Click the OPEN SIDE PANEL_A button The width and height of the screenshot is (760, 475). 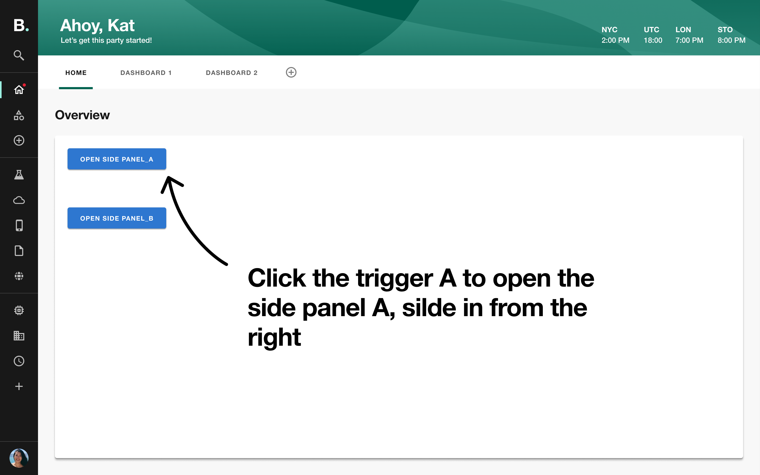pos(117,159)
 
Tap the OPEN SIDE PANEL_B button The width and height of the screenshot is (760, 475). pos(117,218)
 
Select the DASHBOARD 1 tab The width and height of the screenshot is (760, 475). pos(146,73)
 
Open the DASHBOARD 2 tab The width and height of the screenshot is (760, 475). pos(231,73)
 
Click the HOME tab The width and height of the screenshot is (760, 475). pos(76,73)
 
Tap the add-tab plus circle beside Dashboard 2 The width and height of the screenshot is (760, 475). pos(291,72)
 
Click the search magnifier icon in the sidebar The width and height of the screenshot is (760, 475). pos(19,55)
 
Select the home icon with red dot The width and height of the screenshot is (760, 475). pos(19,90)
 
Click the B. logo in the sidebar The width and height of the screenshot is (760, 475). pos(21,25)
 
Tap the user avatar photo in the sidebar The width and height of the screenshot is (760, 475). pos(19,458)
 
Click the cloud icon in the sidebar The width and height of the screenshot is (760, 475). pos(19,200)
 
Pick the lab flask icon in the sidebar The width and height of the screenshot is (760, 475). pos(19,175)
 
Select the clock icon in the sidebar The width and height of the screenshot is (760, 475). pos(19,361)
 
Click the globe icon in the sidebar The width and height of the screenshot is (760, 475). pos(19,276)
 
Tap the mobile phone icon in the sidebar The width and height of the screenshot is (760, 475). pos(19,226)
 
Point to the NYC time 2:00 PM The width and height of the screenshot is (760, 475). pos(615,40)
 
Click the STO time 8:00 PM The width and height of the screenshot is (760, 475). pos(731,40)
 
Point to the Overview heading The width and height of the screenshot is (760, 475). pos(82,115)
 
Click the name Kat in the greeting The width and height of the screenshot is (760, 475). pos(121,25)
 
